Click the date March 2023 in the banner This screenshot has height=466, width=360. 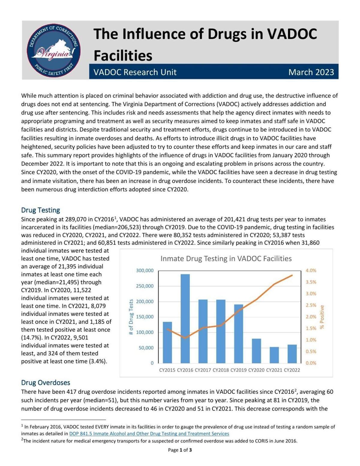click(x=311, y=72)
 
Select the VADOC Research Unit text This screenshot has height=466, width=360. click(x=135, y=72)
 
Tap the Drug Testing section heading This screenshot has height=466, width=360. click(x=40, y=210)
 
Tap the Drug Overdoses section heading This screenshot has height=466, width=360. click(x=46, y=383)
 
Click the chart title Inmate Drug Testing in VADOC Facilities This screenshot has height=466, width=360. click(x=226, y=258)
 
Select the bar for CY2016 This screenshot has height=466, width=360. click(x=185, y=318)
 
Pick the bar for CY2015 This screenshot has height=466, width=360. click(x=167, y=342)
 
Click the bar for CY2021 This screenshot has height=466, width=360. click(x=274, y=355)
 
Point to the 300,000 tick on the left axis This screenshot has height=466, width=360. click(x=145, y=270)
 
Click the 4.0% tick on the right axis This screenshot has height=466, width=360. click(x=311, y=270)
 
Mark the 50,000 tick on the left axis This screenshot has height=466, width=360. click(x=146, y=348)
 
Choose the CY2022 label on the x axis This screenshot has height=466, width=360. click(x=292, y=370)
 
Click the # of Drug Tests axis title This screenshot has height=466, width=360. click(x=131, y=317)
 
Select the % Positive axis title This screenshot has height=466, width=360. click(x=322, y=317)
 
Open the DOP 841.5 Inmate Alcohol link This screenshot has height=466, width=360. click(x=149, y=434)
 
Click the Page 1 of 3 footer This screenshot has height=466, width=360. click(x=180, y=450)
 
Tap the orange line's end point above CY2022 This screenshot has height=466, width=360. click(x=292, y=275)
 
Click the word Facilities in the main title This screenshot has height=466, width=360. click(x=123, y=55)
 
